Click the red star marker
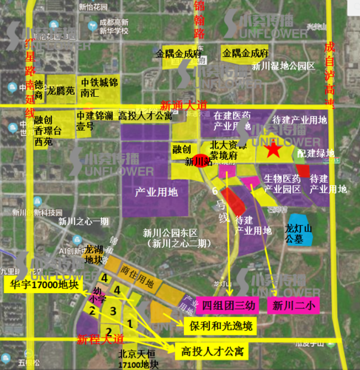click(x=274, y=150)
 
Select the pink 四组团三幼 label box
click(x=228, y=306)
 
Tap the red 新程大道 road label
click(x=101, y=339)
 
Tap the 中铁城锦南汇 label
click(x=98, y=88)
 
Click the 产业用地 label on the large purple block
click(x=157, y=192)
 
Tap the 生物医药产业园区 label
click(x=282, y=184)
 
